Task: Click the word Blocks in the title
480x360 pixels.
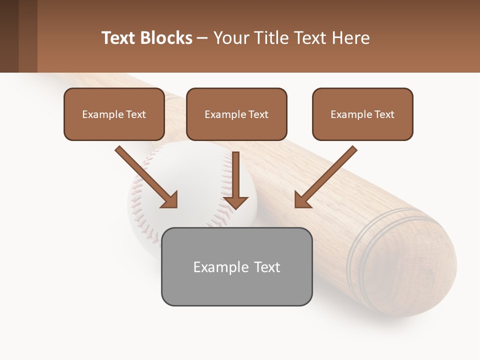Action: tap(165, 38)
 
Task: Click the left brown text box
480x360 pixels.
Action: tap(114, 114)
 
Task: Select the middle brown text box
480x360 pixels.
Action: tap(236, 114)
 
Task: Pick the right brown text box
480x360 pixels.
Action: tap(362, 114)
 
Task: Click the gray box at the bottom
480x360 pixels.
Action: tap(236, 266)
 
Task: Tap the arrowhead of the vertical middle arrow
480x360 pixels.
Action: tap(235, 202)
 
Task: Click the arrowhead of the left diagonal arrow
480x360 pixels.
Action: tap(170, 200)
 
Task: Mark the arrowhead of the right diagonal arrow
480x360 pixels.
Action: tap(302, 200)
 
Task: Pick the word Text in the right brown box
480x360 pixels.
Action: tap(384, 114)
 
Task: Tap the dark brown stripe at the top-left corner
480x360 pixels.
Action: tap(9, 36)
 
